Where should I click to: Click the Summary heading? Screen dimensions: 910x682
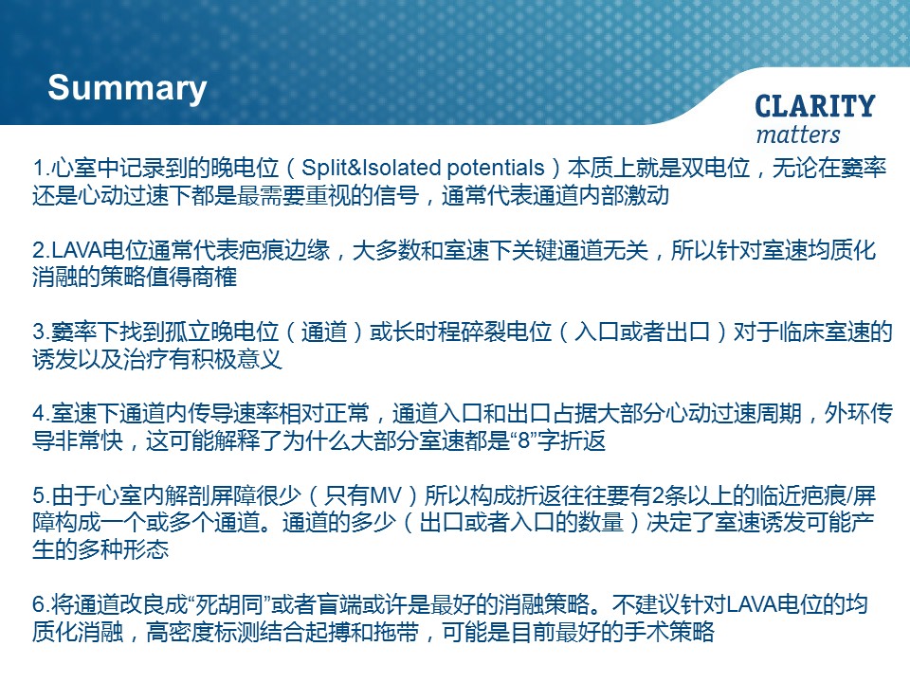pos(127,89)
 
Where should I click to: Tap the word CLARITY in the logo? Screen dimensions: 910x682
pos(815,107)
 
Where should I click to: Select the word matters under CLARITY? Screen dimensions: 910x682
pos(798,135)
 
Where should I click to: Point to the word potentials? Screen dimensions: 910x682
pos(496,169)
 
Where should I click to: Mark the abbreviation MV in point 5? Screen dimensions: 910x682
pos(386,496)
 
